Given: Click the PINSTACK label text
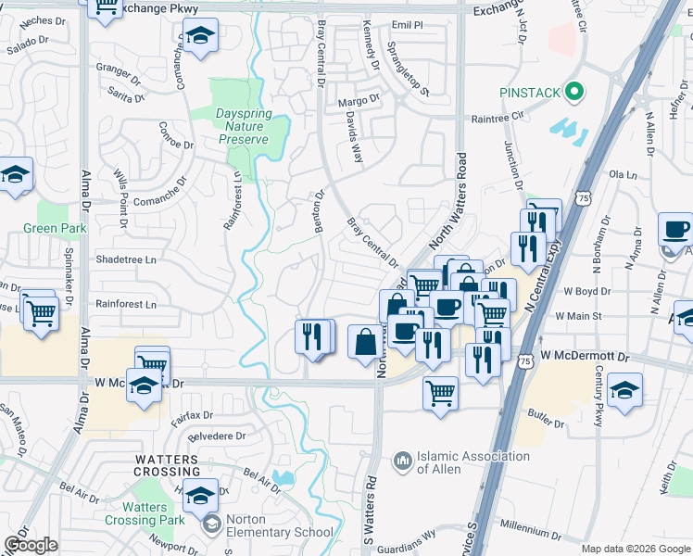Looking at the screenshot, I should coord(530,93).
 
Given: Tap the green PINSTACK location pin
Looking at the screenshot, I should coord(574,92).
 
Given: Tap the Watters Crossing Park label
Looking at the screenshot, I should coord(145,513).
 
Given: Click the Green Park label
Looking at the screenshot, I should coord(55,228).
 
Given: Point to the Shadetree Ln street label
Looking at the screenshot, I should coord(126,260).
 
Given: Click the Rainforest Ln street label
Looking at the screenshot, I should coord(126,304).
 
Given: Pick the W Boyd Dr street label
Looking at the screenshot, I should coord(584,291).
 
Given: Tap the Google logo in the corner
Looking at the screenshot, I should coord(30,545).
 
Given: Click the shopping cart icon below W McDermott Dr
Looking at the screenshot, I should coord(440,392).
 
